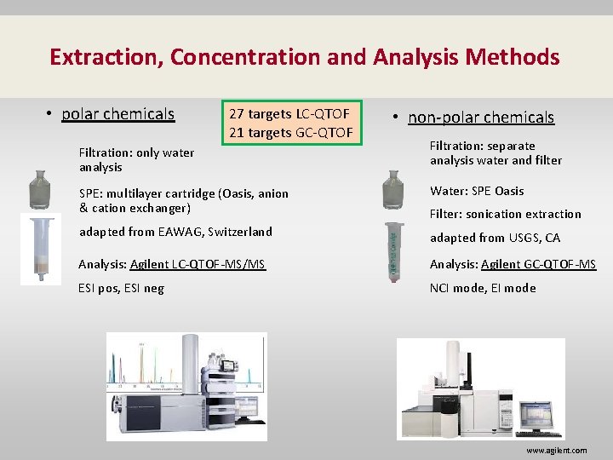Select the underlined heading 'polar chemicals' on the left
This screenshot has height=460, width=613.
point(117,113)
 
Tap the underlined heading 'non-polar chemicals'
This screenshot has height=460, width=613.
point(481,118)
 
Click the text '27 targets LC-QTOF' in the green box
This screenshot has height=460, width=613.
point(289,113)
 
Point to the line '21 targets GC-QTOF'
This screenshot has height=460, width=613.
point(289,132)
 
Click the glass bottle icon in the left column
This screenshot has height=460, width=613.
point(40,189)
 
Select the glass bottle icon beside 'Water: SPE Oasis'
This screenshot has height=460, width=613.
point(392,189)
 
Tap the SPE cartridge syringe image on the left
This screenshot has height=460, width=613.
point(40,249)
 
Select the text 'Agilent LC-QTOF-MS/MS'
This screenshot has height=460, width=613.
point(198,264)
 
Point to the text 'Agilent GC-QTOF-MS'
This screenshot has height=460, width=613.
point(538,264)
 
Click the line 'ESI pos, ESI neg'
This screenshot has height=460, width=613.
point(121,288)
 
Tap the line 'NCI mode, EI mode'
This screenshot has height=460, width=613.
point(483,288)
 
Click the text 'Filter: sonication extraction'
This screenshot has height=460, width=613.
point(506,214)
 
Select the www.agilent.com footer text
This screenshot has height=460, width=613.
point(556,451)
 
